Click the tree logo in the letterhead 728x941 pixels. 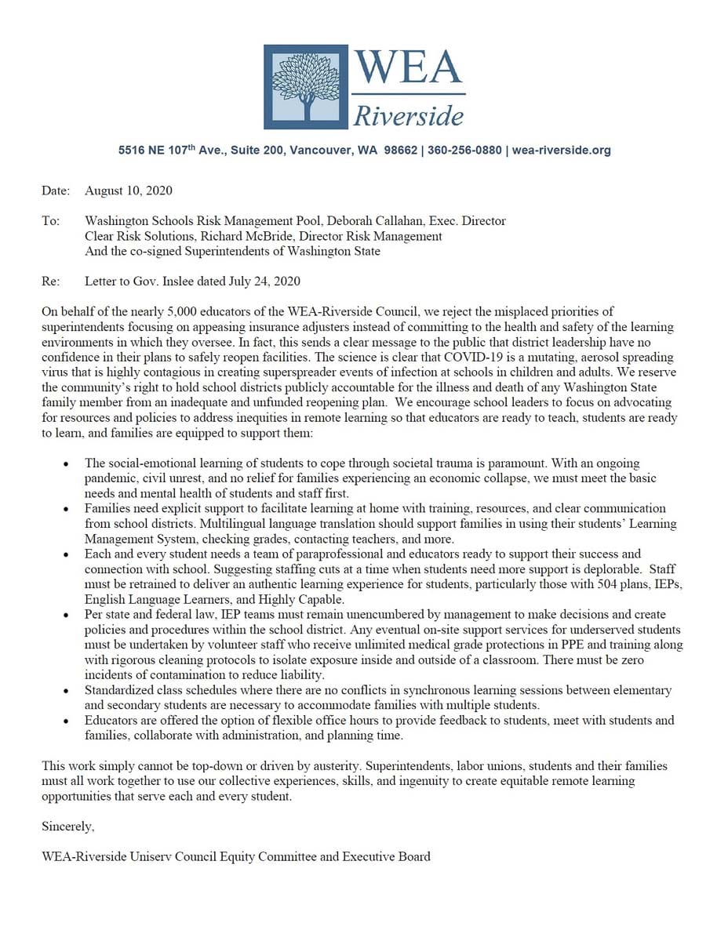306,87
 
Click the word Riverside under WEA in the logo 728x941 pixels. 408,116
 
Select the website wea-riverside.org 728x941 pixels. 561,150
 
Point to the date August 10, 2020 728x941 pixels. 129,191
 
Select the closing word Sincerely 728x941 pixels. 68,826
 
